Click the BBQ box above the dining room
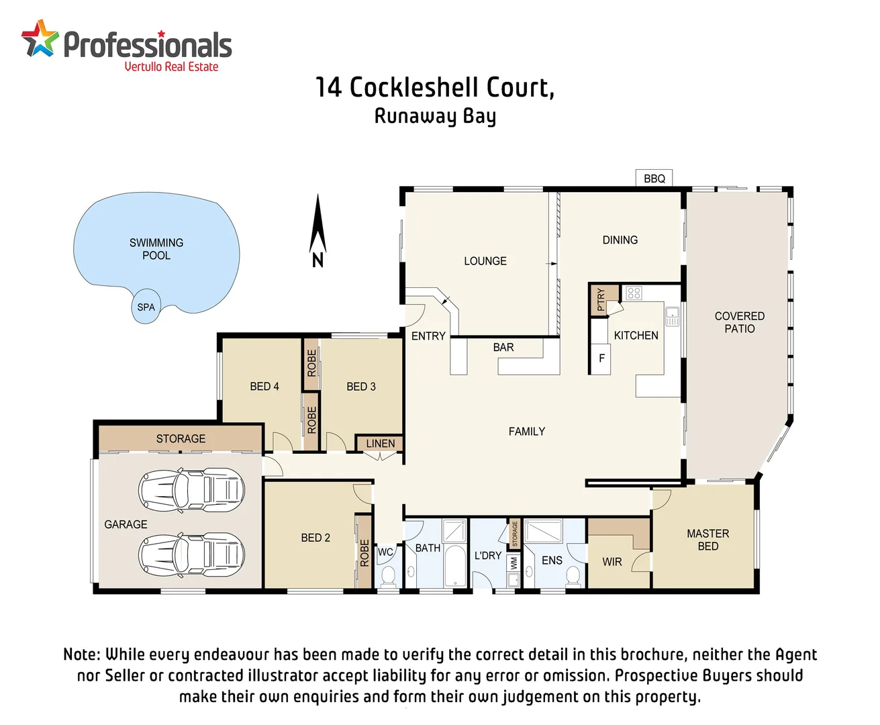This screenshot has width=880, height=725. pos(654,179)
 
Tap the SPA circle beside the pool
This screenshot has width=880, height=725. pos(146,307)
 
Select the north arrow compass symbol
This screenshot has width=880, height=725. pos(317,232)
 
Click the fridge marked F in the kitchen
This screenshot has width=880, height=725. pos(601,358)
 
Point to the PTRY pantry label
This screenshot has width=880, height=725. pos(600,300)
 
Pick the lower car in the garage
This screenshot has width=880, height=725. pos(191,554)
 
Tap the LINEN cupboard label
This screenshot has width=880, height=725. pos(380,444)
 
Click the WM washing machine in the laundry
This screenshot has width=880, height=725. pos(514,563)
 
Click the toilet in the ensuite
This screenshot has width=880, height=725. pos(573,575)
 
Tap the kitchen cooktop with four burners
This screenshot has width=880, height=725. pos(634,293)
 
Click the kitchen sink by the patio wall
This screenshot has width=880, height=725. pos(672,317)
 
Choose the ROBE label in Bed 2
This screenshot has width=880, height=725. pos(364,553)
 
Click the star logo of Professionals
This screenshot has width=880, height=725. pos(40,38)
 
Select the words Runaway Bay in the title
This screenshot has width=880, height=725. pos(435,116)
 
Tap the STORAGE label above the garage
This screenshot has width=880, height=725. pos(181,439)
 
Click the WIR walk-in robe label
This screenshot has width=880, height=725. pos(612,562)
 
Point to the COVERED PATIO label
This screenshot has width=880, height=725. pos(739,322)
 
